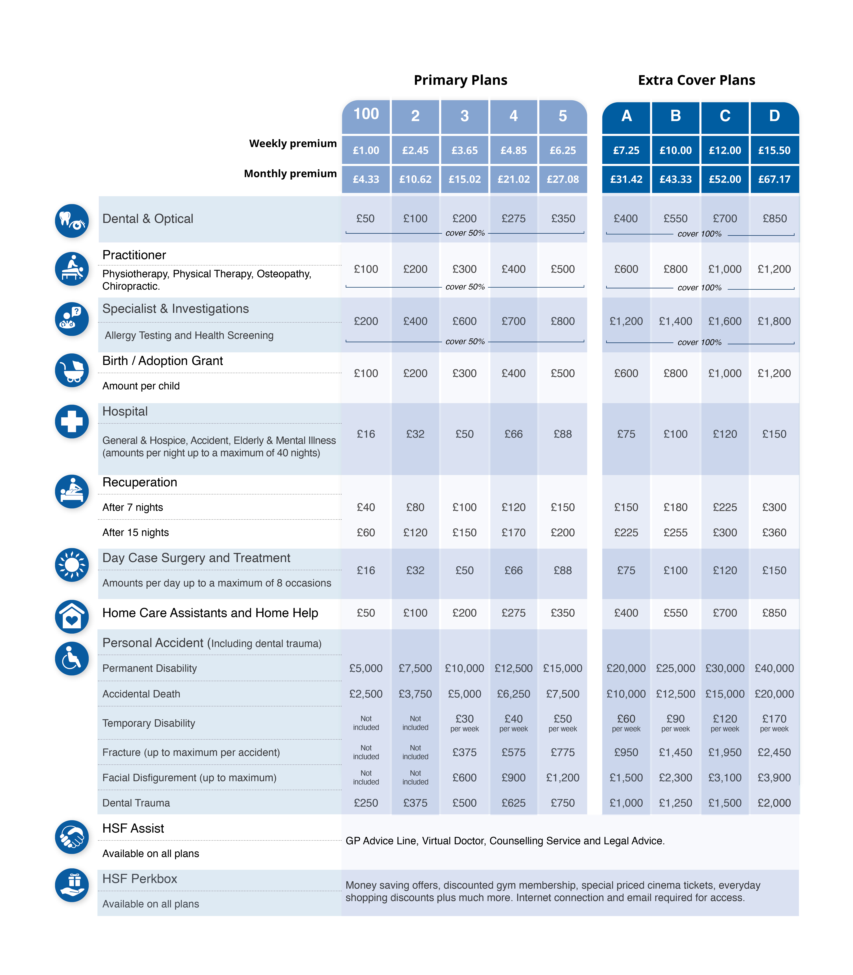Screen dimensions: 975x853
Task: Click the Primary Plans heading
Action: click(460, 80)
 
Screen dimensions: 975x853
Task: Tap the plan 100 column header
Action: click(366, 115)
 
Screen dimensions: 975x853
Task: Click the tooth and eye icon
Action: click(72, 221)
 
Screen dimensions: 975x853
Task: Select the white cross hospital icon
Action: click(72, 421)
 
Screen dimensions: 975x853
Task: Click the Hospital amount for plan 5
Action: click(563, 434)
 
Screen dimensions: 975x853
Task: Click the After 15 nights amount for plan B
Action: click(675, 533)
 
